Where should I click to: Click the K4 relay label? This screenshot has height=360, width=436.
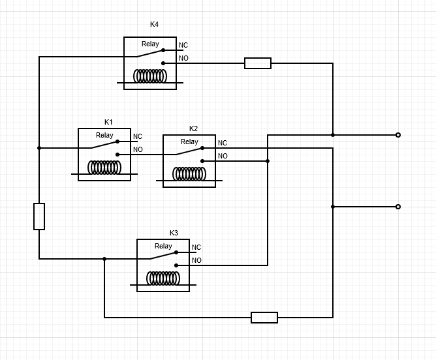(154, 24)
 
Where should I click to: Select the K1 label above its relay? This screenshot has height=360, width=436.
(108, 122)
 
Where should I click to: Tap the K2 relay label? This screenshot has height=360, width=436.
(193, 128)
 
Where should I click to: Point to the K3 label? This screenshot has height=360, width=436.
(174, 233)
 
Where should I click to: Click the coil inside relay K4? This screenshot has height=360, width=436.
(150, 76)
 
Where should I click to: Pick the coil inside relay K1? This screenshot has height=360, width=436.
(104, 168)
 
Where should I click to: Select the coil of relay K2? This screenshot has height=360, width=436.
(189, 174)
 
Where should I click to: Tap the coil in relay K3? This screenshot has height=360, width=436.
(163, 278)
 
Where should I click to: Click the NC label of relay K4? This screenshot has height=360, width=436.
(183, 45)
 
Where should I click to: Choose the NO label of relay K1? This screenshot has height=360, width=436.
(138, 149)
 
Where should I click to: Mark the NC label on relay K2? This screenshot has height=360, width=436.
(223, 143)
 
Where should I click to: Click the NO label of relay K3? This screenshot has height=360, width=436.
(196, 260)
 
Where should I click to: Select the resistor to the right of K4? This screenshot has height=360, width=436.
(258, 63)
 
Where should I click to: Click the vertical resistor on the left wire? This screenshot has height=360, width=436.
(39, 217)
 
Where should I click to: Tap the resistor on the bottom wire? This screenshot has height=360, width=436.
(264, 318)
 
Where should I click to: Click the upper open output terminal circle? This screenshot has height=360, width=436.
(398, 135)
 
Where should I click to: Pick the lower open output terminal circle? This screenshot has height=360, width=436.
(398, 207)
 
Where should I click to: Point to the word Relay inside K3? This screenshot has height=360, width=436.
(163, 246)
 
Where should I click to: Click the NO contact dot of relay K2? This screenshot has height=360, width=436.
(202, 161)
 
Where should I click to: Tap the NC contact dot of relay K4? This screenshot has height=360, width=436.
(163, 50)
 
